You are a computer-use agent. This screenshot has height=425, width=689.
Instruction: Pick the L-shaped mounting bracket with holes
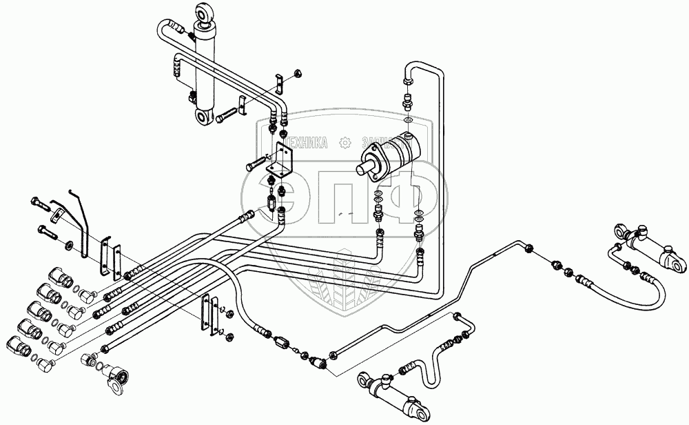[282, 159]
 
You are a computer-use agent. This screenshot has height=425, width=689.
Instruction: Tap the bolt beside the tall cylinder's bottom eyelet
[225, 119]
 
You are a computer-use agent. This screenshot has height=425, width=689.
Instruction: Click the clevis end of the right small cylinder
[675, 262]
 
